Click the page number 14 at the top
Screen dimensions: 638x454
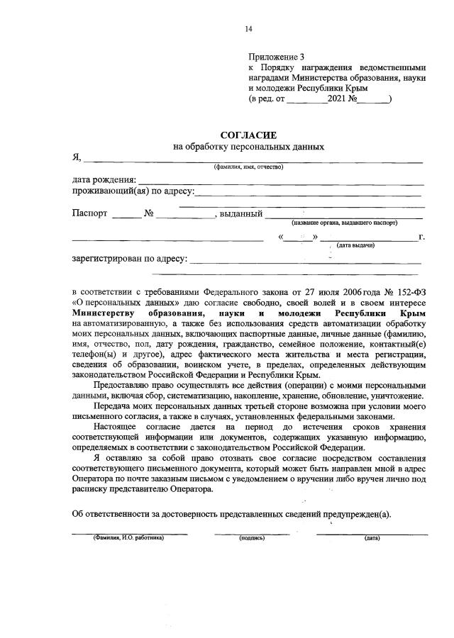(x=248, y=29)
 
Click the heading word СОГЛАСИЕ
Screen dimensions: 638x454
(x=248, y=135)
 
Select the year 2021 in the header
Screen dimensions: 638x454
(x=336, y=100)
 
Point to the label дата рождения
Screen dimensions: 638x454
(x=104, y=181)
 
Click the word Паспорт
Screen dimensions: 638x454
(x=89, y=213)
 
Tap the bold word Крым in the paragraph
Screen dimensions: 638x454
(x=412, y=312)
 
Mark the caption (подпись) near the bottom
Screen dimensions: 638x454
(x=252, y=538)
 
